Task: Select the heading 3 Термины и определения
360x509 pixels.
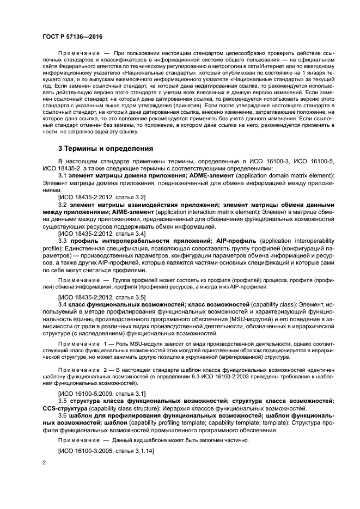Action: (106, 148)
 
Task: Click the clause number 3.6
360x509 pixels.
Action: (62, 415)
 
